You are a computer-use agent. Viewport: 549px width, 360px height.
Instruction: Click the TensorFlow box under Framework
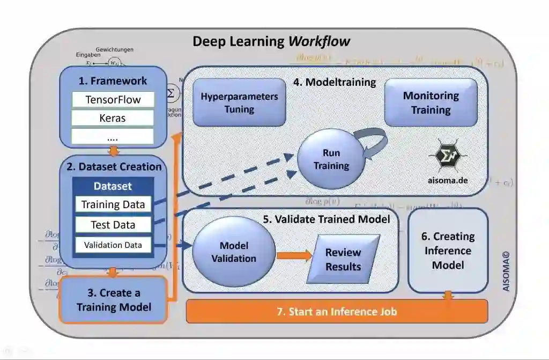click(113, 100)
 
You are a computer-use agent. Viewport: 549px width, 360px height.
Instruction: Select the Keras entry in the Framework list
click(113, 118)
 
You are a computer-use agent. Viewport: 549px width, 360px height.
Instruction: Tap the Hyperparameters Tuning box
click(239, 102)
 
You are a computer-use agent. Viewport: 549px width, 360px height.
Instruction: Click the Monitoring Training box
click(431, 102)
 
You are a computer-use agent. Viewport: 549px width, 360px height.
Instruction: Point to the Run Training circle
click(331, 159)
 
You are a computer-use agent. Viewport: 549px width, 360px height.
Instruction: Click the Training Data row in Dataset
click(113, 204)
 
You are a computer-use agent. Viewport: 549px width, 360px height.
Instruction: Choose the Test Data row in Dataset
click(113, 225)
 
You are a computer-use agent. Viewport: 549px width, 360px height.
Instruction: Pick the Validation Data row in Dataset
click(113, 245)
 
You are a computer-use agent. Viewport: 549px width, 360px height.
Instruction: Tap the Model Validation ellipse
click(234, 252)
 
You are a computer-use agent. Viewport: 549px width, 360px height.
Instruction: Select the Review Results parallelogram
click(343, 259)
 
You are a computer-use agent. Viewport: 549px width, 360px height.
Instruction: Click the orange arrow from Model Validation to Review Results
click(294, 255)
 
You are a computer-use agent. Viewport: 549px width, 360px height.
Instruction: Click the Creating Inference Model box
click(448, 251)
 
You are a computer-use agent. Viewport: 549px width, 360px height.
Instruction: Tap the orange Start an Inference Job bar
click(337, 311)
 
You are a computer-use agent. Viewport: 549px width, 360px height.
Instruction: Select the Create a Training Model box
click(113, 300)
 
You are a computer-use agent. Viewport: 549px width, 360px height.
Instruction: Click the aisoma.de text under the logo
click(447, 180)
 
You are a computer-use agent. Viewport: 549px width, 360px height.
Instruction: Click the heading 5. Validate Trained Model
click(326, 219)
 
